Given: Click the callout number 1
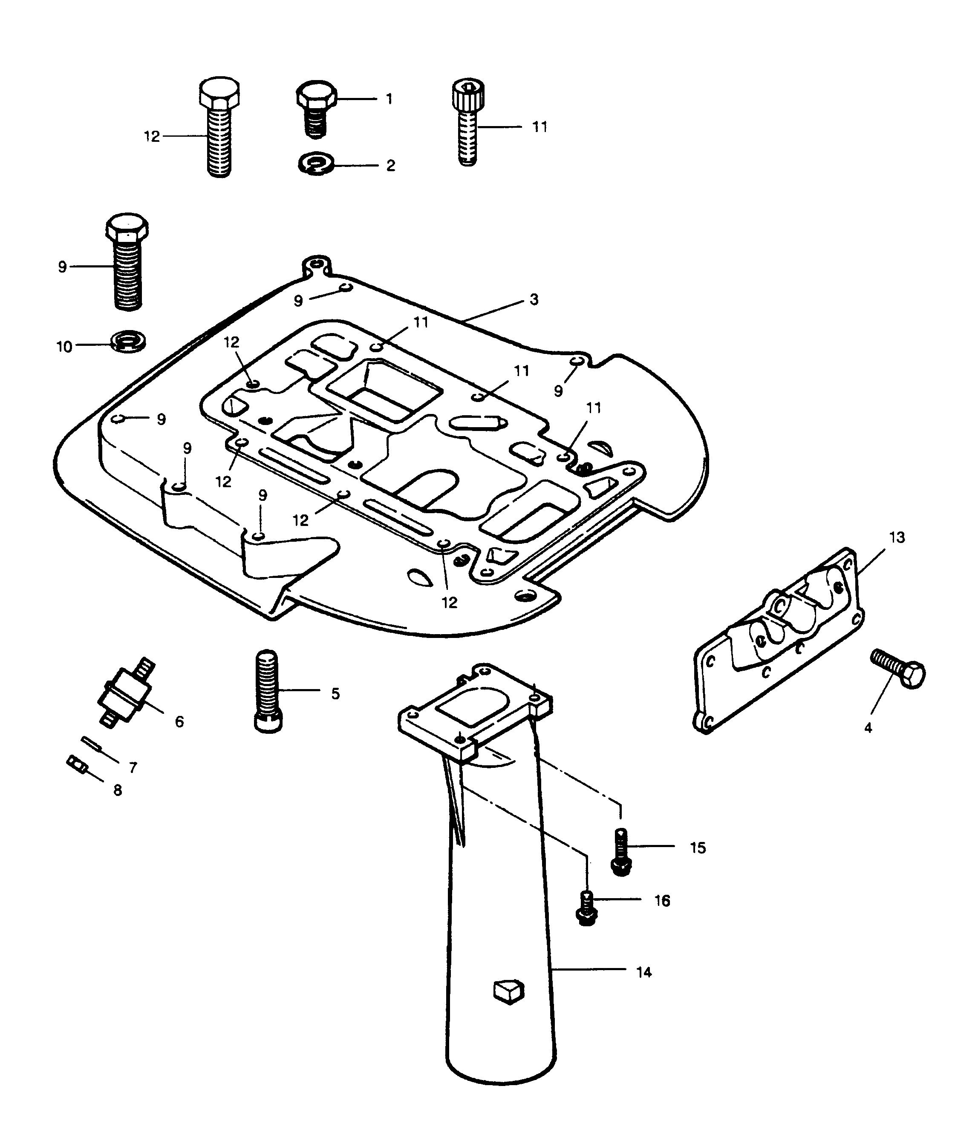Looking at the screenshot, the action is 389,99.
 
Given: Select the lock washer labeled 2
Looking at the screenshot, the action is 317,164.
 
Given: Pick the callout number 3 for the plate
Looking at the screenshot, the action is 534,300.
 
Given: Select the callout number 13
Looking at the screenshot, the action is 897,538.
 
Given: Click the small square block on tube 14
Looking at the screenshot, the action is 509,991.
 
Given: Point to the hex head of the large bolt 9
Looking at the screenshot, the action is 127,228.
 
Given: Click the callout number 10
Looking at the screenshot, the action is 64,347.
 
